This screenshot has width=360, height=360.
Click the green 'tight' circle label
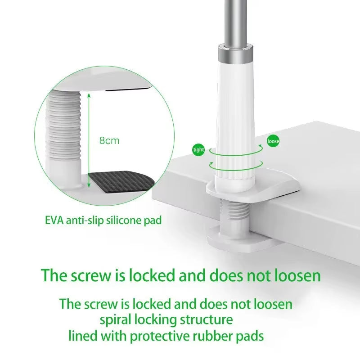198,150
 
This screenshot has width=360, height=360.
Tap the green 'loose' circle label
273,141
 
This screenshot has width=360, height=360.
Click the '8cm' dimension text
109,140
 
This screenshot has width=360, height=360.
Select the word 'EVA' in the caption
55,220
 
